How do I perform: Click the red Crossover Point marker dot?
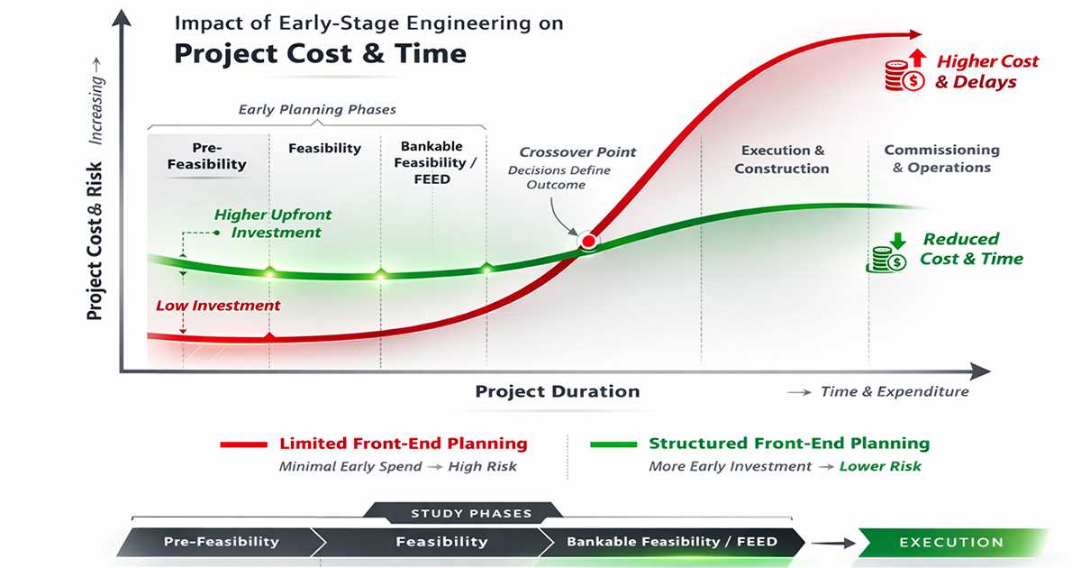click(588, 241)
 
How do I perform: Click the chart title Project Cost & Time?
click(320, 53)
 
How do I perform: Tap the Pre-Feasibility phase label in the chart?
click(207, 156)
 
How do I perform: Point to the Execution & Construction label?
click(782, 160)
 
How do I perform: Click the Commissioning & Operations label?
click(941, 159)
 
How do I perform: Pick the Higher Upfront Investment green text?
click(272, 224)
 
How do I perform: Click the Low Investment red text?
click(217, 306)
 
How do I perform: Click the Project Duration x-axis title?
click(558, 391)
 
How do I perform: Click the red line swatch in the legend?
click(243, 444)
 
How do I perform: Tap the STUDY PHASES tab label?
click(471, 514)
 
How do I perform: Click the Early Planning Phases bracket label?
click(317, 110)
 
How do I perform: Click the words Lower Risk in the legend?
click(880, 467)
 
